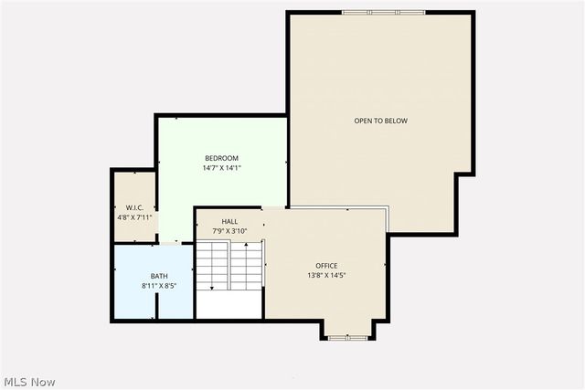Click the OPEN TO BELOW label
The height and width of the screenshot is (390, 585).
(381, 121)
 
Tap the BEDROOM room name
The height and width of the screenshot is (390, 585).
(221, 158)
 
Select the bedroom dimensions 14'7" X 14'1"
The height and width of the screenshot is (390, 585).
(221, 168)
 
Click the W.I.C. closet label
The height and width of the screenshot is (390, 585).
(134, 206)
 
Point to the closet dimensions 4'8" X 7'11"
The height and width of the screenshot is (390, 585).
(134, 216)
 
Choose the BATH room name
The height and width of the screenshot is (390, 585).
(159, 276)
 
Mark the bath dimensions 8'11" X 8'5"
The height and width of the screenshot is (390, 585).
(159, 286)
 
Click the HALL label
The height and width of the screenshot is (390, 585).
(230, 221)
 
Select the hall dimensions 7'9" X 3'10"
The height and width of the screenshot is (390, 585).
(230, 231)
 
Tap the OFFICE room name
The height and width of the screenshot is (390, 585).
(326, 266)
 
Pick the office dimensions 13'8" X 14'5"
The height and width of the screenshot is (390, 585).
(326, 276)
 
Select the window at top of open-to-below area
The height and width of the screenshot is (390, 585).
(370, 12)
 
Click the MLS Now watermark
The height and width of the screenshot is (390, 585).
(29, 381)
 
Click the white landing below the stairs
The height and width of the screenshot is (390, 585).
(230, 305)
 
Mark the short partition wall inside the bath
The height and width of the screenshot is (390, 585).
(157, 306)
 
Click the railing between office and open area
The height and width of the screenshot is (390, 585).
(387, 219)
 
